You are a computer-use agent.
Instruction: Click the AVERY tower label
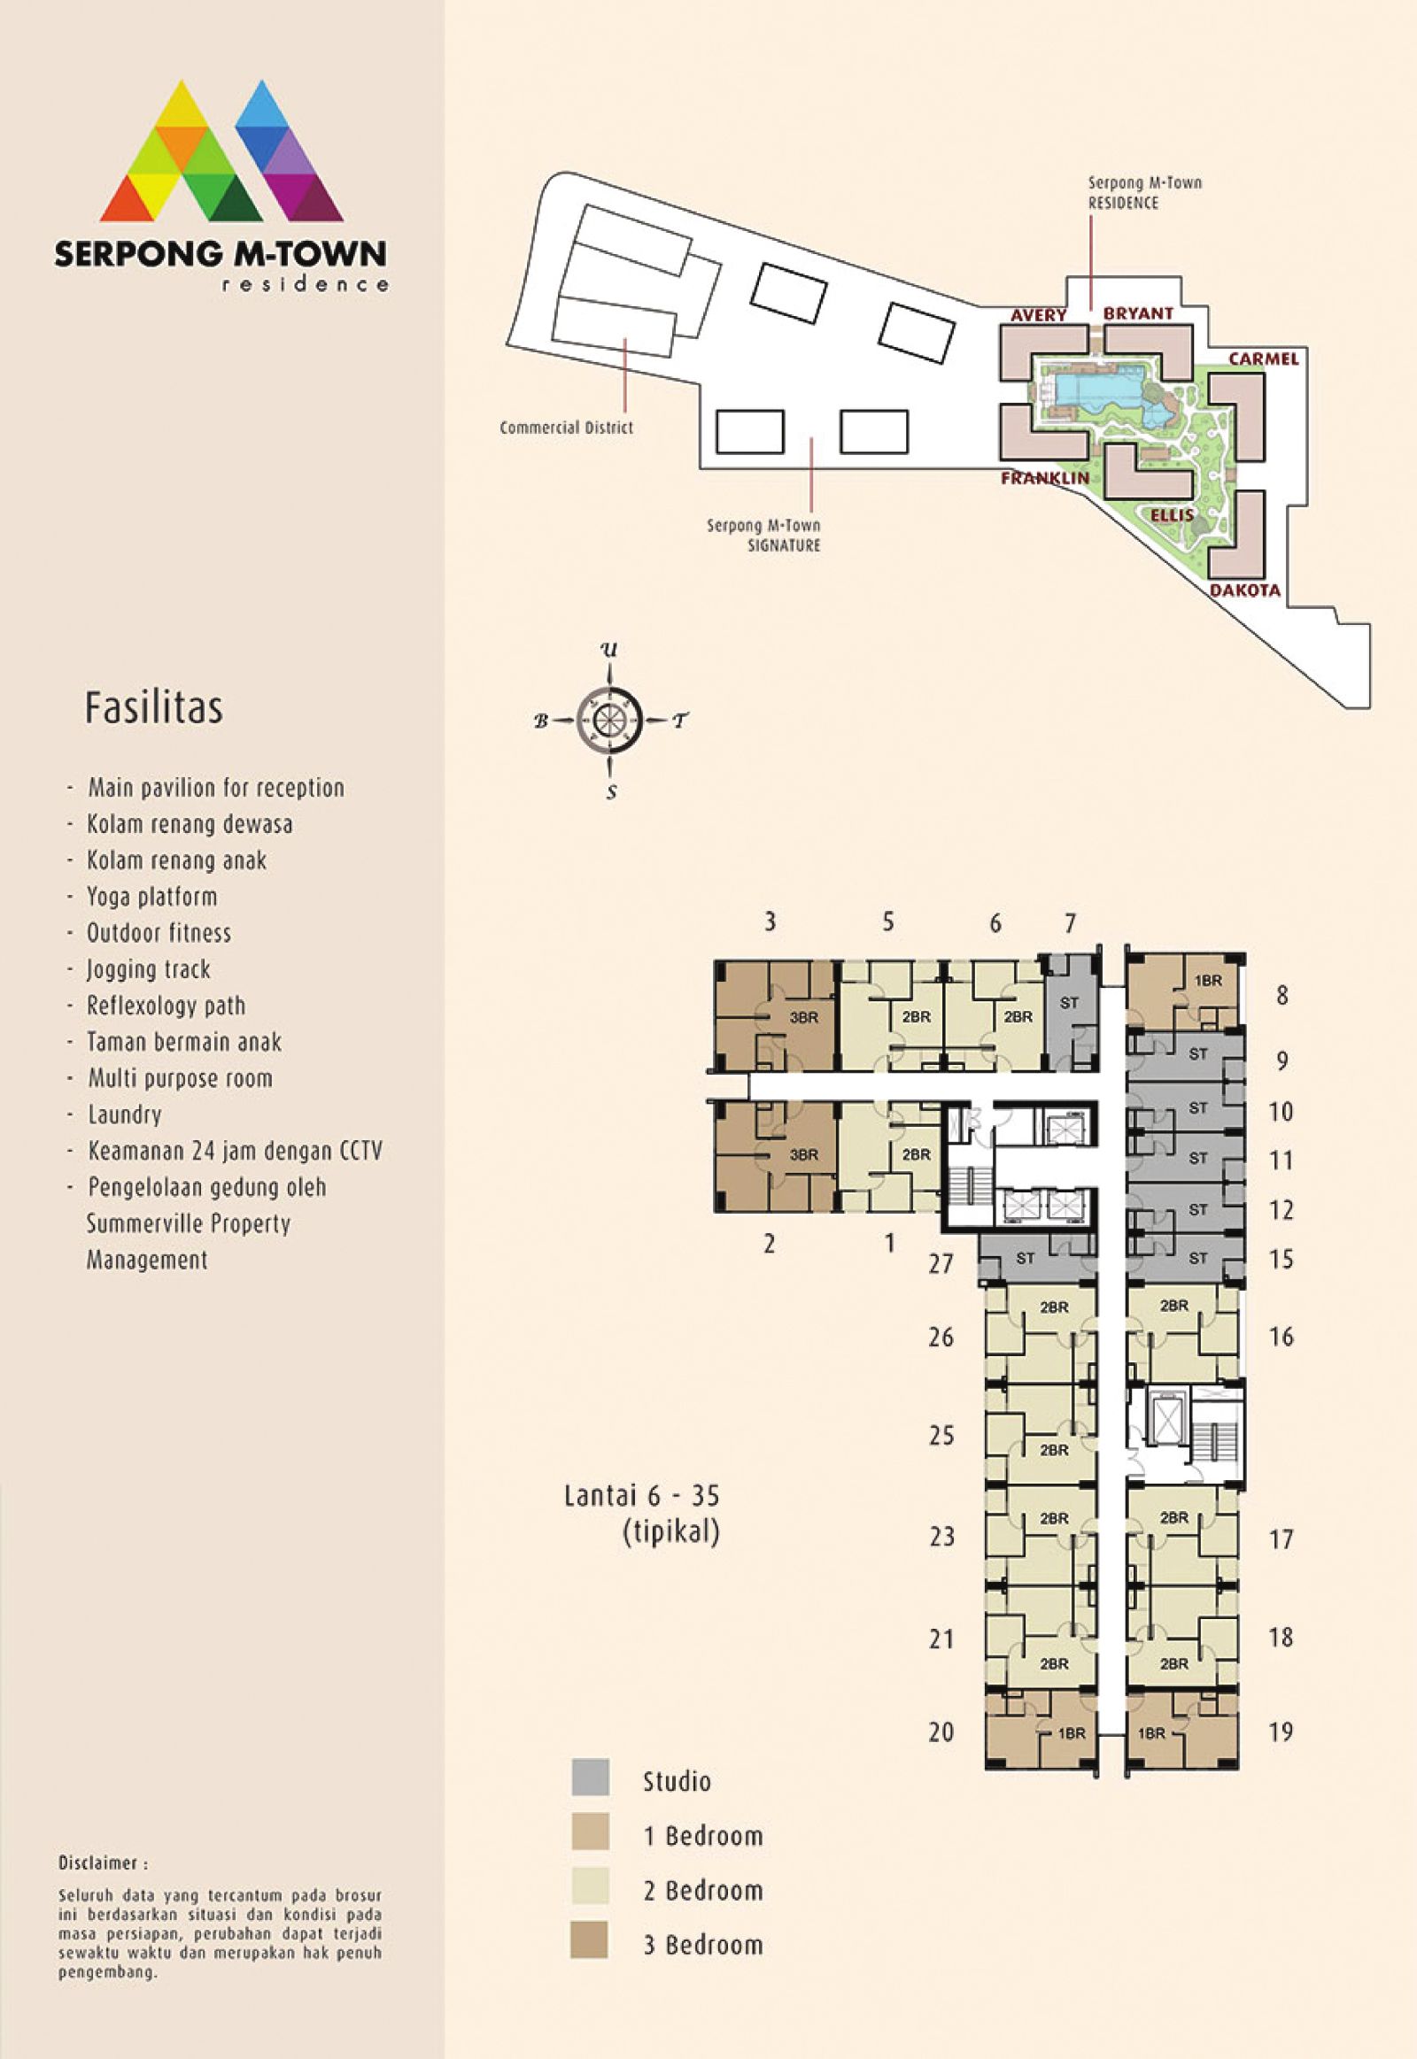[1038, 315]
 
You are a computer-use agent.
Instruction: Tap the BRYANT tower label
[1138, 313]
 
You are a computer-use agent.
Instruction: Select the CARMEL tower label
[1264, 359]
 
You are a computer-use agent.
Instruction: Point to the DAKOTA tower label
[1245, 590]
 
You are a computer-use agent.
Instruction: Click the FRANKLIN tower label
[1045, 478]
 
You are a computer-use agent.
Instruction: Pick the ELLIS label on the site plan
[1172, 516]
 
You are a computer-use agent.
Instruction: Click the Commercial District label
[567, 428]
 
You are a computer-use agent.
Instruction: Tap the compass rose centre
[609, 720]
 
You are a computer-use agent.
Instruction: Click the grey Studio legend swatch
[591, 1778]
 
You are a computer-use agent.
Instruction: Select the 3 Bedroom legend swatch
[591, 1940]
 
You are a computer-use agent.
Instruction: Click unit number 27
[941, 1263]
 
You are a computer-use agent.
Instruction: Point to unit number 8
[1282, 996]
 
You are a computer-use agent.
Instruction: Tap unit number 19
[1281, 1731]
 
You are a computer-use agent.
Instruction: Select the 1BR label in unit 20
[1072, 1733]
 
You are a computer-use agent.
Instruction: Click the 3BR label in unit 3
[804, 1018]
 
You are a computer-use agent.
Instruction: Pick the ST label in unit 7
[1069, 1003]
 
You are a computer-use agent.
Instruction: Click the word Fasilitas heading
[153, 707]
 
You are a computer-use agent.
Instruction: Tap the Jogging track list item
[148, 970]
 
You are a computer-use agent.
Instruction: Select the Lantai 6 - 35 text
[642, 1496]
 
